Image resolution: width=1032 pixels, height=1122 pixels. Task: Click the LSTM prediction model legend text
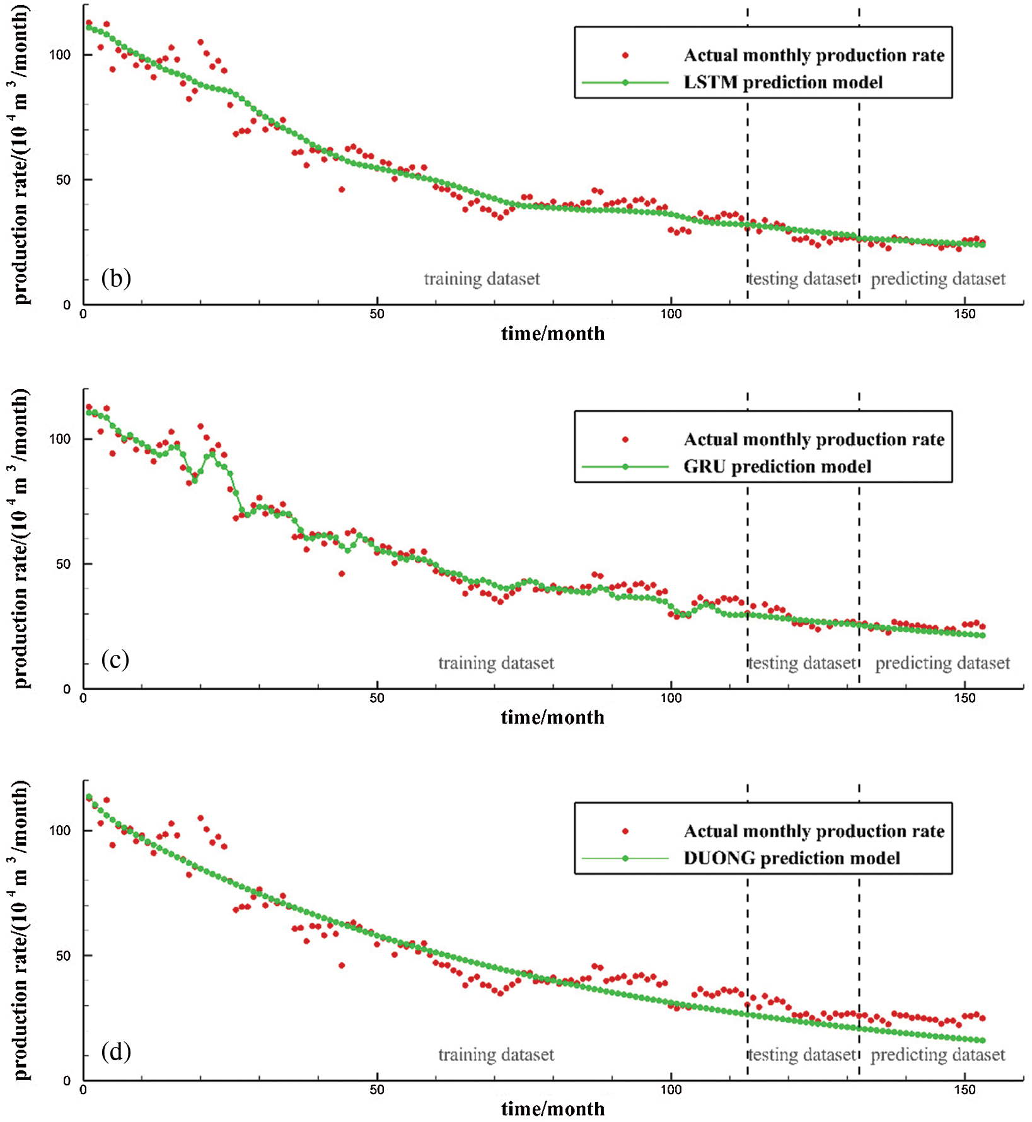tap(782, 83)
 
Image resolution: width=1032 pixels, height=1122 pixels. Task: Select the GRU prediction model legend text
tap(777, 466)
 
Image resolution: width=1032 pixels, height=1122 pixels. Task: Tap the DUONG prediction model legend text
tap(791, 858)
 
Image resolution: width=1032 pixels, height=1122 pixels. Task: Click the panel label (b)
tap(116, 278)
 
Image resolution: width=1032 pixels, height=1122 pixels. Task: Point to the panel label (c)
tap(115, 659)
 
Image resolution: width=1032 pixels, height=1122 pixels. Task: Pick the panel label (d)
tap(116, 1051)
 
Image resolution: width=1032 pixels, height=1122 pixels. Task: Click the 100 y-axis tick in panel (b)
tap(60, 55)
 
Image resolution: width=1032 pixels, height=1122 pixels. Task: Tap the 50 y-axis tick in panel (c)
tap(63, 564)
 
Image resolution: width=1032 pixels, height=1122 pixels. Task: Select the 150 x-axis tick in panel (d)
tap(965, 1090)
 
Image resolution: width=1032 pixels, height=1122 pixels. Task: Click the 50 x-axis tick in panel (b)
tap(377, 314)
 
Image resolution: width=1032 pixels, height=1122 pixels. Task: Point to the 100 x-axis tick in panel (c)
tap(671, 698)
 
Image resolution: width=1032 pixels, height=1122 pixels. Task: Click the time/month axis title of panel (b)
tap(553, 333)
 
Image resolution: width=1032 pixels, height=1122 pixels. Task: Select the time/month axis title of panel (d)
tap(553, 1109)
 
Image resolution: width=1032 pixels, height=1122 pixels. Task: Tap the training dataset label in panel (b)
tap(482, 279)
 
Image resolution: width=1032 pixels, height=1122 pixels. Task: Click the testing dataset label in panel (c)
tap(803, 663)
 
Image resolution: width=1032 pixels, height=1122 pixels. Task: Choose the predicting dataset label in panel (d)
tap(938, 1055)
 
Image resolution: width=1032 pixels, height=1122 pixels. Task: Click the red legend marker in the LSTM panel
tap(625, 55)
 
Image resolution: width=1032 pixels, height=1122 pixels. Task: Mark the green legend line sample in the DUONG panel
tap(625, 859)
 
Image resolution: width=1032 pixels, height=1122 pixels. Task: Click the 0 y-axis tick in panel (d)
tap(67, 1081)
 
